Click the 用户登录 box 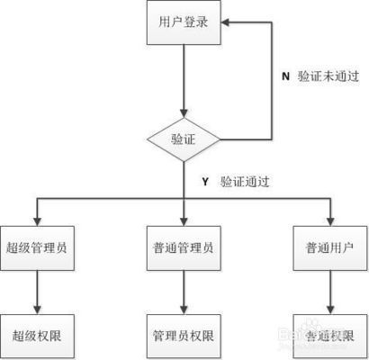pos(184,22)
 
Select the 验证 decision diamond pos(184,139)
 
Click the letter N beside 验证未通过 pos(284,76)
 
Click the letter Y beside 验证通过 pos(205,181)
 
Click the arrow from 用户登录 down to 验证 pos(184,81)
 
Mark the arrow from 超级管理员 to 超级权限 pos(36,292)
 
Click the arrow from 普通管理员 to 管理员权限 pos(184,292)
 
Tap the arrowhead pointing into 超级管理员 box pos(36,219)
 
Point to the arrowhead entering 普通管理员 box pos(184,219)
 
